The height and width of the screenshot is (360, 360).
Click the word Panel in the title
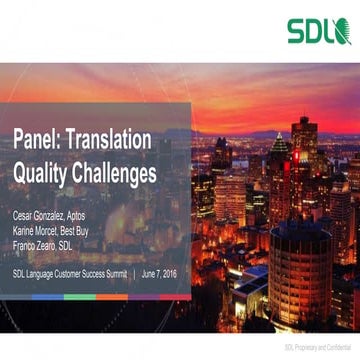39,142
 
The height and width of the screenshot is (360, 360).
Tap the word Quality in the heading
45,174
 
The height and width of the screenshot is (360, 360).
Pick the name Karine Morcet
37,230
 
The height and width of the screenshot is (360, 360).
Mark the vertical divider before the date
134,272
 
